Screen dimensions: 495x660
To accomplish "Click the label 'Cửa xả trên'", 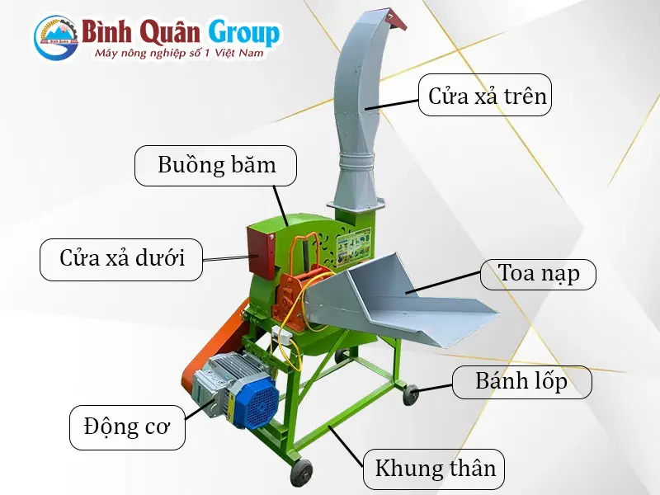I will coord(487,96).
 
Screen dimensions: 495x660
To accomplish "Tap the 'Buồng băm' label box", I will coord(216,165).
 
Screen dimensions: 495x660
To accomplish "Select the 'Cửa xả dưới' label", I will coord(121,258).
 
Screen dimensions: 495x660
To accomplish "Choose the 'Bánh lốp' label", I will coord(521,381).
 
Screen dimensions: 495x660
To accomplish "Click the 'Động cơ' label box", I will coord(126,427).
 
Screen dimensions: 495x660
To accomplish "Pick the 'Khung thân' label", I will coord(435,469).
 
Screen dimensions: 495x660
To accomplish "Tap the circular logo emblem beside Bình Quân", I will coord(56,37).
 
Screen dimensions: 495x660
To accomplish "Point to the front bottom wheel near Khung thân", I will coord(302,473).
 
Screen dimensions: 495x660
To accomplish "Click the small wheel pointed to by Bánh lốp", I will coord(410,395).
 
